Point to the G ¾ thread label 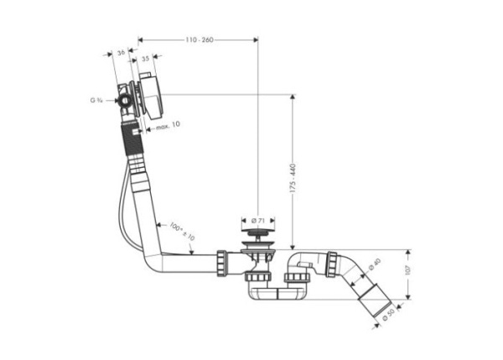click(x=96, y=101)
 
